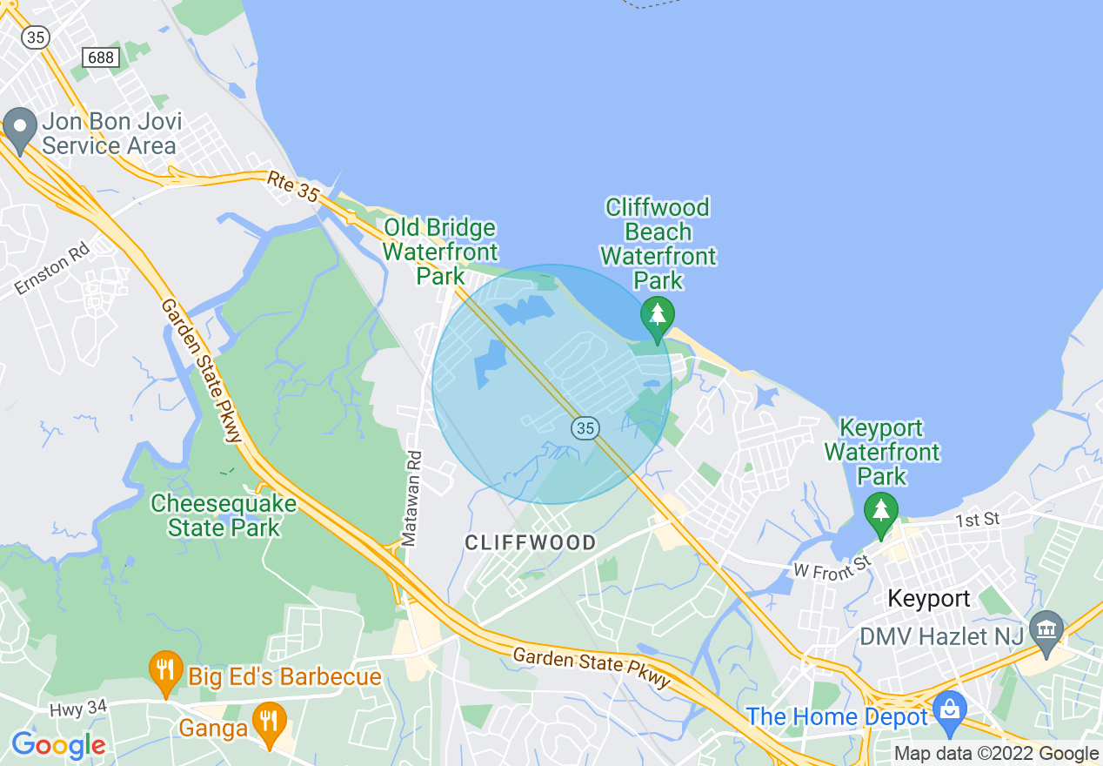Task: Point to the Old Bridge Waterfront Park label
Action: tap(440, 252)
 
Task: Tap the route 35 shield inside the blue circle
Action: tap(585, 427)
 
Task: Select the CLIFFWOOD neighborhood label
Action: tap(531, 543)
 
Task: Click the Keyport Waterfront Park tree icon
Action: tap(881, 514)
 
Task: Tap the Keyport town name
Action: tap(928, 599)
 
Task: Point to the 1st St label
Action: tap(979, 520)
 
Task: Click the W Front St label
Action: tap(832, 567)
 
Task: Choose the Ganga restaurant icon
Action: tap(270, 723)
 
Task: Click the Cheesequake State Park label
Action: tap(224, 515)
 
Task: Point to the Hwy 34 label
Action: tap(77, 709)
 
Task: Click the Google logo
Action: tap(58, 745)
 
